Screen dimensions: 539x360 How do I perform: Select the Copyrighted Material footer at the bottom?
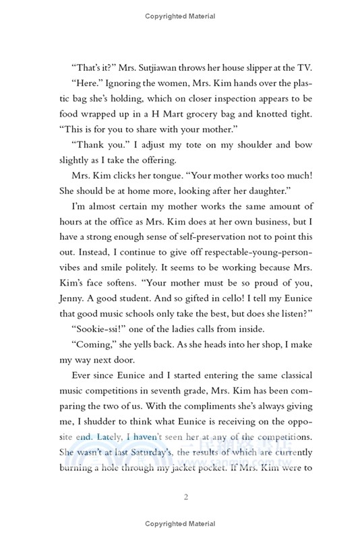(180, 524)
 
